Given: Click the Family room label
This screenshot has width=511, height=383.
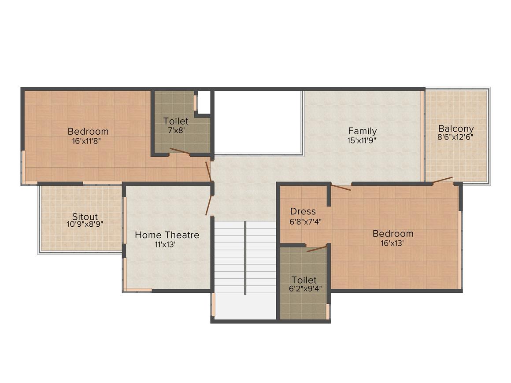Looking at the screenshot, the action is point(363,131).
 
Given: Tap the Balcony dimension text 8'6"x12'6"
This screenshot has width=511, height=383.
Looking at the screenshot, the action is point(455,137).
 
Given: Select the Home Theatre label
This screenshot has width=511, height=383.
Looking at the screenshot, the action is point(167,235).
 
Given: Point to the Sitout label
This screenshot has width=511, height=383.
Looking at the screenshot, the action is point(85,217).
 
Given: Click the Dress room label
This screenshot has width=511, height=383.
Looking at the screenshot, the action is point(303,211).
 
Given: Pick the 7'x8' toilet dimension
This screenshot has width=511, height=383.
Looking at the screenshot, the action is point(176,130).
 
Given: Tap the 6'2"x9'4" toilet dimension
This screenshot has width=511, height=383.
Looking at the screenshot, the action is point(305,288).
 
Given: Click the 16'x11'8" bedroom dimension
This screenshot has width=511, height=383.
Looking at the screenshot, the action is point(88,141).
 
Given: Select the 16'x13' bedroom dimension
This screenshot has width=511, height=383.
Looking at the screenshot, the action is point(393,243).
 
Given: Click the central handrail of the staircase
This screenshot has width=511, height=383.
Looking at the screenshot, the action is point(245,258).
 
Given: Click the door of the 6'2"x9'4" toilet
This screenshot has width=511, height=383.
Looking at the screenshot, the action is point(316,249).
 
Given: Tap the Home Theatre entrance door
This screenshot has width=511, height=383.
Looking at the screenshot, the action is point(209,205).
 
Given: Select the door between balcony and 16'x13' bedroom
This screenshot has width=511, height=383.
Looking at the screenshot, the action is point(443,180).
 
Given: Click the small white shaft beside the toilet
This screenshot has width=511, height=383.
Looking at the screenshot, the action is point(204,102).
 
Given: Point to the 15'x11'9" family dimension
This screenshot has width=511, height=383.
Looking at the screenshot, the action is point(362,141).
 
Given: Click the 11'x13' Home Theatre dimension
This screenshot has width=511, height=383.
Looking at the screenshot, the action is point(166,244).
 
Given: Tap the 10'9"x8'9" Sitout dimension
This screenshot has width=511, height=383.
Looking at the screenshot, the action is point(85,224).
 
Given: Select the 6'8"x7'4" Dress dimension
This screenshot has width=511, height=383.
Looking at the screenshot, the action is point(306,222).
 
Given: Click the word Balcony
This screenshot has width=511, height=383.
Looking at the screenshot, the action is point(456,129).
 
